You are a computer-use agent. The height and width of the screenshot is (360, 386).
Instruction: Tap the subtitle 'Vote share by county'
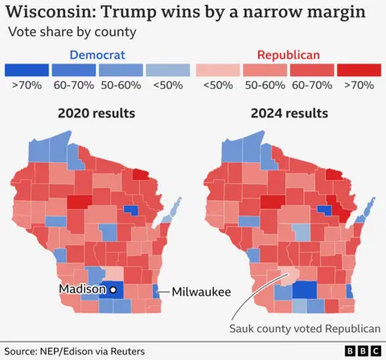72,32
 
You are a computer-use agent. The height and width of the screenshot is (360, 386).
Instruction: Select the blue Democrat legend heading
96,55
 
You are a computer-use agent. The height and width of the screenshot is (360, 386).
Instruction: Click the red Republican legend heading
289,55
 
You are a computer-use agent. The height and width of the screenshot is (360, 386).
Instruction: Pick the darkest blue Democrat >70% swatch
25,71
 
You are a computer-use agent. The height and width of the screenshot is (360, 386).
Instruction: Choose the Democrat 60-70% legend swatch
73,71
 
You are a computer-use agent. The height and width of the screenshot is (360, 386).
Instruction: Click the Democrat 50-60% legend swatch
121,71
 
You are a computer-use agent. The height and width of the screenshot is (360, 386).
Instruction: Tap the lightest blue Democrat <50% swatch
168,71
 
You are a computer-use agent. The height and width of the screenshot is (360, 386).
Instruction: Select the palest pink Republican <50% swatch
217,71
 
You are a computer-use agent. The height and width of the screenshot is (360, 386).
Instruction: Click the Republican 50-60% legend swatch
265,71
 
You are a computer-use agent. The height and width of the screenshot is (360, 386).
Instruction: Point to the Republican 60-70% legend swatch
312,71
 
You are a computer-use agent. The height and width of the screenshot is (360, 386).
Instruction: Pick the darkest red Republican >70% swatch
359,71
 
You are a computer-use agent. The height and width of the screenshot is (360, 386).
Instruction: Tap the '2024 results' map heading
289,113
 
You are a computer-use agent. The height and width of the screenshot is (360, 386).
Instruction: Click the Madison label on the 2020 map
81,289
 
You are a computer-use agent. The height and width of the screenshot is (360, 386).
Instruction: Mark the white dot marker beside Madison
113,289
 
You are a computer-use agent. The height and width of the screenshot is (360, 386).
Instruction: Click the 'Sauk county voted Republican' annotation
304,329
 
